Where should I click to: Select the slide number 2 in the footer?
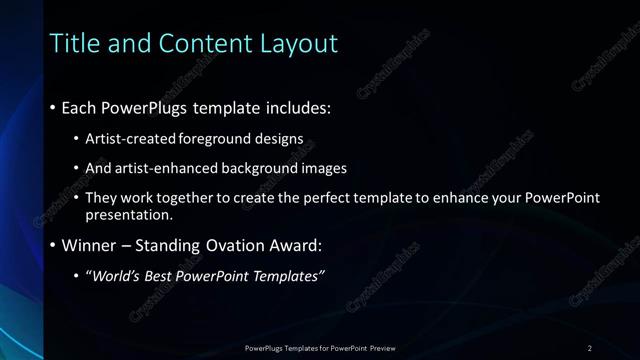(x=590, y=347)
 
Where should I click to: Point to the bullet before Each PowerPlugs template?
(x=52, y=107)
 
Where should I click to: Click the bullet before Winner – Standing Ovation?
(x=52, y=245)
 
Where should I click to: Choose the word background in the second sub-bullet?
(x=264, y=168)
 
